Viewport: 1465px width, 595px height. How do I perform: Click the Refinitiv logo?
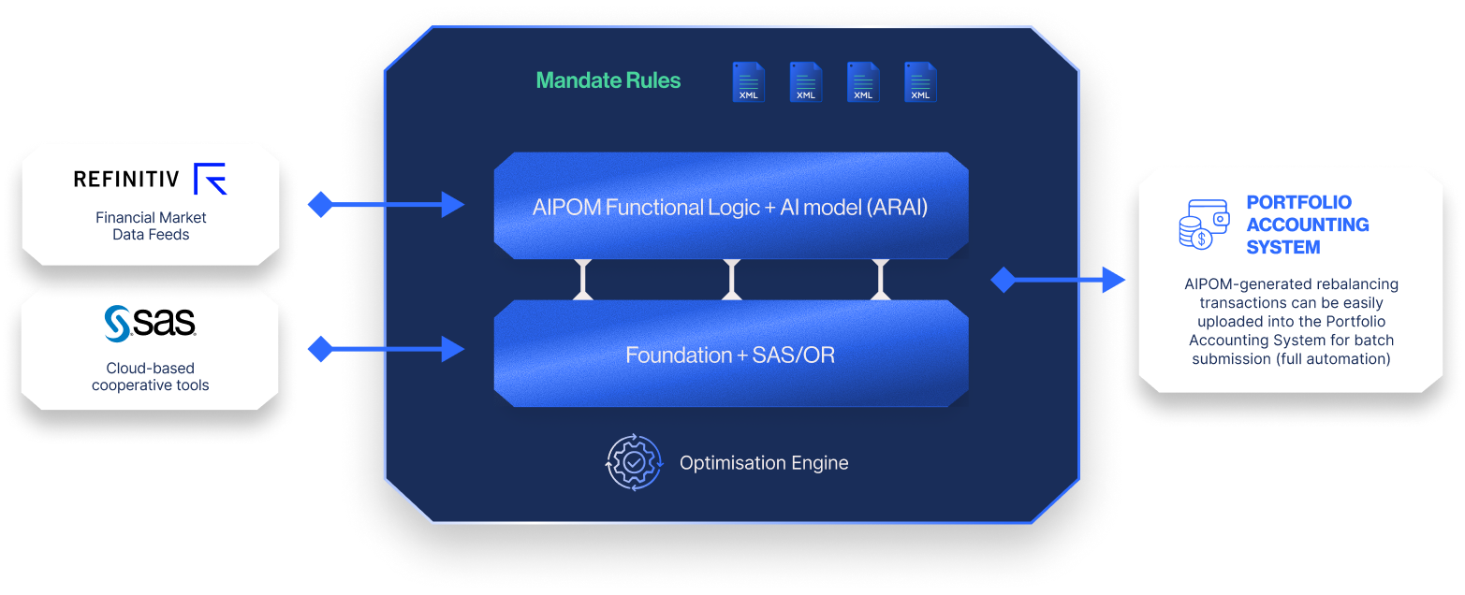click(150, 179)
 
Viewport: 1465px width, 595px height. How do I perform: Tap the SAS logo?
click(150, 322)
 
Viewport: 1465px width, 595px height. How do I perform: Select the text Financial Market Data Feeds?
click(151, 226)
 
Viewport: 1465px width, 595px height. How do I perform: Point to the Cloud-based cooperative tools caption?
click(151, 377)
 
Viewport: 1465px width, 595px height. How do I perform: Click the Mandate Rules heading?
click(608, 80)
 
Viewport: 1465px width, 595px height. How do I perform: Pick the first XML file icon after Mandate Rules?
click(748, 82)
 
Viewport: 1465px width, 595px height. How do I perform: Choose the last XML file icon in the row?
click(920, 82)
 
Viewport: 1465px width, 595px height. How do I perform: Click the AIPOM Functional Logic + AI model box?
click(730, 207)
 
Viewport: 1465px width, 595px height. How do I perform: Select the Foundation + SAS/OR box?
click(730, 355)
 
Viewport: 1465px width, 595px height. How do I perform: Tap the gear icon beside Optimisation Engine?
click(634, 462)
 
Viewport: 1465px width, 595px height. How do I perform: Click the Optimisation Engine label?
click(764, 463)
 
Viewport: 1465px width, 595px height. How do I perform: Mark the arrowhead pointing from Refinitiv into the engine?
click(453, 204)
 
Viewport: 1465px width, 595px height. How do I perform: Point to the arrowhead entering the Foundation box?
click(453, 350)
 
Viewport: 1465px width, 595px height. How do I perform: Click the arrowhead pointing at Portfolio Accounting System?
click(1113, 279)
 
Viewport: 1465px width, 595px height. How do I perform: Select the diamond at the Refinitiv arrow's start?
click(321, 204)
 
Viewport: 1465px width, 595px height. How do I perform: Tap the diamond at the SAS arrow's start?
click(321, 350)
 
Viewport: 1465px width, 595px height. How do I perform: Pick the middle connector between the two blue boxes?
click(732, 280)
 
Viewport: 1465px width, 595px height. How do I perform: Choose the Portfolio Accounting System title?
click(1308, 225)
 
